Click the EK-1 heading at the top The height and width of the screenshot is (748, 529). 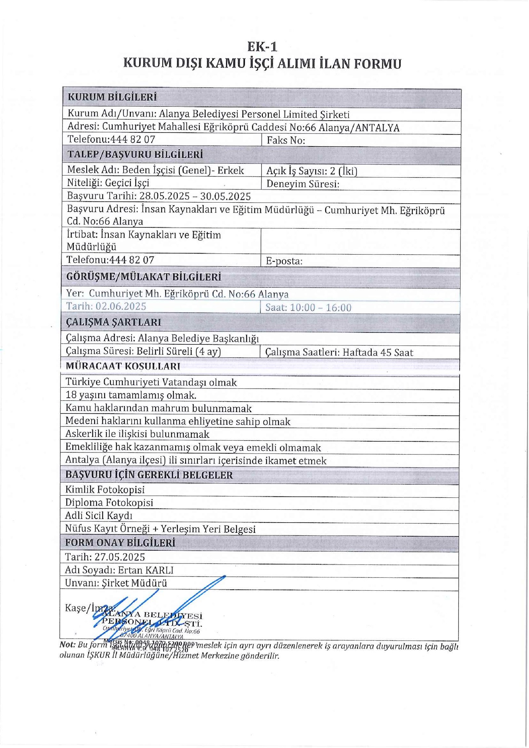pyautogui.click(x=262, y=47)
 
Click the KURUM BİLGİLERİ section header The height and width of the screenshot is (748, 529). pyautogui.click(x=112, y=97)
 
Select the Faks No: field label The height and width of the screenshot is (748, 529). pyautogui.click(x=286, y=140)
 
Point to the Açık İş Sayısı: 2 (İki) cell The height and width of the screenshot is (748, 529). pyautogui.click(x=312, y=171)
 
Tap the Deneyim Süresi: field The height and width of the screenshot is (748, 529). pyautogui.click(x=303, y=184)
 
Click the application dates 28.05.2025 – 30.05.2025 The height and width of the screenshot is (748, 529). pyautogui.click(x=195, y=196)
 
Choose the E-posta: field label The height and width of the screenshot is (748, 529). pyautogui.click(x=284, y=261)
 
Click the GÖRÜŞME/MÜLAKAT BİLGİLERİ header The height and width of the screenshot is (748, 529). pyautogui.click(x=144, y=277)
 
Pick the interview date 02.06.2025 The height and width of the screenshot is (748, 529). pyautogui.click(x=121, y=306)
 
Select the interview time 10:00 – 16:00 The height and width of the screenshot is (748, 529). pyautogui.click(x=320, y=308)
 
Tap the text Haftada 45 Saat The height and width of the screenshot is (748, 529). pyautogui.click(x=378, y=352)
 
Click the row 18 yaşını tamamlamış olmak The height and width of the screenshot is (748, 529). pyautogui.click(x=131, y=395)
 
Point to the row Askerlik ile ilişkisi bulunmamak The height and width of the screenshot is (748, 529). pyautogui.click(x=137, y=434)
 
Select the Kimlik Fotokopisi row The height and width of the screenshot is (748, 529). pyautogui.click(x=105, y=489)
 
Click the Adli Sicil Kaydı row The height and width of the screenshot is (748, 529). pyautogui.click(x=99, y=515)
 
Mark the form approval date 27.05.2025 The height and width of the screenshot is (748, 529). pyautogui.click(x=120, y=557)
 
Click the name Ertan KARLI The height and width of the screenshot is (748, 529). pyautogui.click(x=145, y=570)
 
